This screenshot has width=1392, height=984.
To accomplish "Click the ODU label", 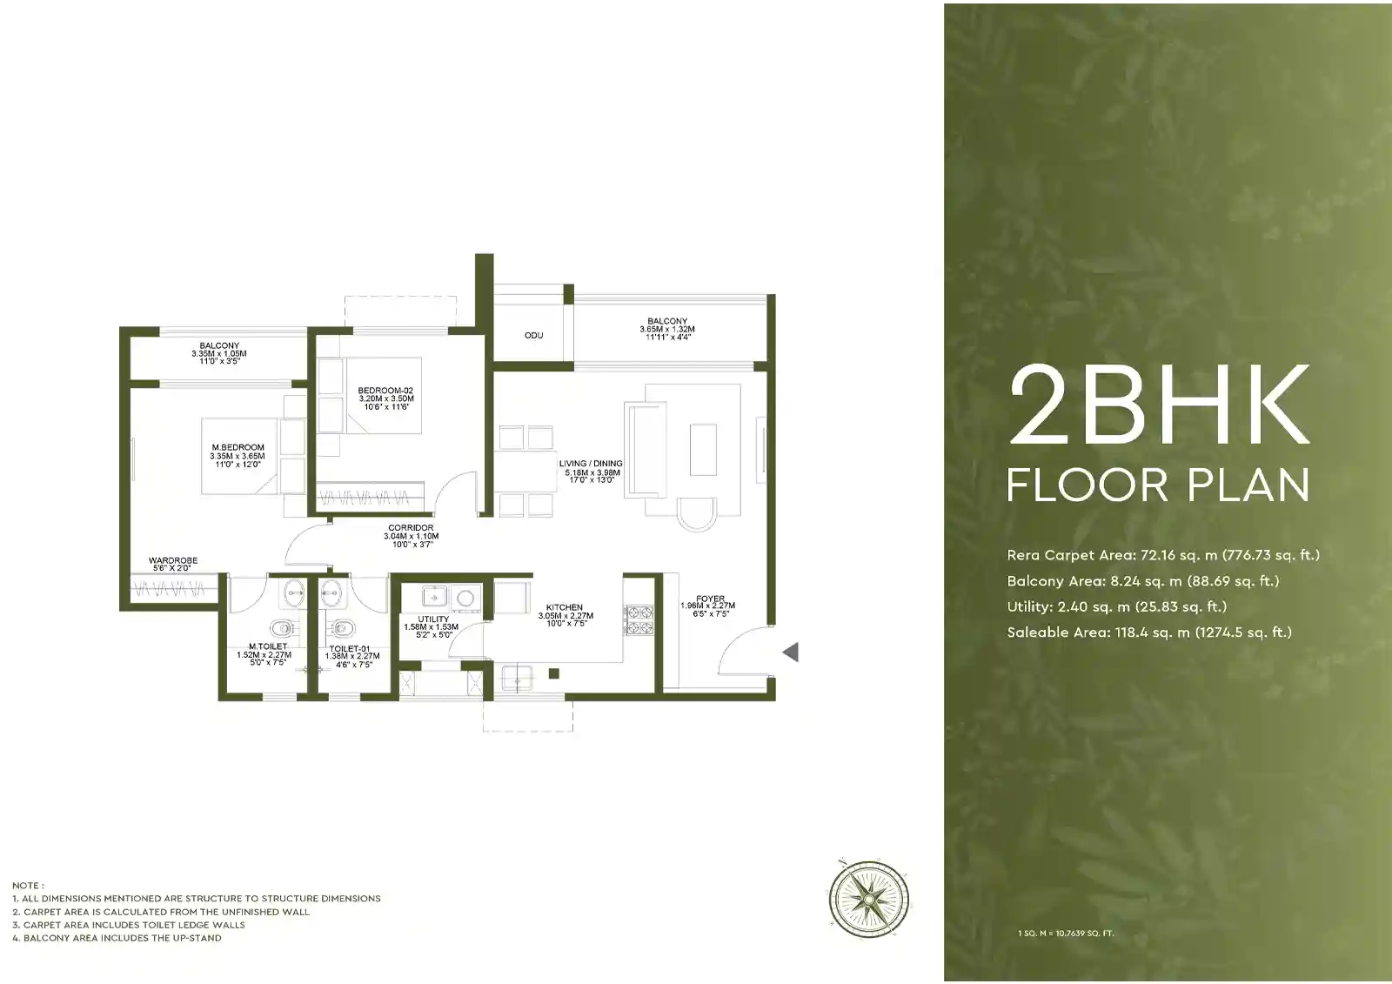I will [533, 335].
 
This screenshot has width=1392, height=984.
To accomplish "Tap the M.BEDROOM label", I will [238, 447].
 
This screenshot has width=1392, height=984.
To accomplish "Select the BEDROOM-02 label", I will [385, 391].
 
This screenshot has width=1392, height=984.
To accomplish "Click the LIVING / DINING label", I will [591, 464].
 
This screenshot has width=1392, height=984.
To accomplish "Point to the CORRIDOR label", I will [411, 528].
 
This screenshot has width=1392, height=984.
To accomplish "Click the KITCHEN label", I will [565, 607].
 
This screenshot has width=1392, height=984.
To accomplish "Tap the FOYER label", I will [710, 599].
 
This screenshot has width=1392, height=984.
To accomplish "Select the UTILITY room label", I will [432, 619].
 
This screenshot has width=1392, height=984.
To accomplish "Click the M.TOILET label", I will [267, 646].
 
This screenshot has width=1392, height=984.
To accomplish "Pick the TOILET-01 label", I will [350, 649].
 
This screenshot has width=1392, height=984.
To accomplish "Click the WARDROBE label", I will [173, 561].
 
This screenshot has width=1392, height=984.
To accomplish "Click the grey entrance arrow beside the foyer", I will [790, 652].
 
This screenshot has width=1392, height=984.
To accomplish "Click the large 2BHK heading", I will [1159, 405].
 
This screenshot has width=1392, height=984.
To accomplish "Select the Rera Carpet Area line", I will [1162, 555].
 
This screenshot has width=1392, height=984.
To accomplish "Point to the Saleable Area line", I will [1148, 633].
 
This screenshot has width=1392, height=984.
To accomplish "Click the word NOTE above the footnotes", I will [27, 885].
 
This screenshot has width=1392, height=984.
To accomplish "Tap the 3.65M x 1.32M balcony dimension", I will [667, 330].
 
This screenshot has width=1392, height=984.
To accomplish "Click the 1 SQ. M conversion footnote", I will [1065, 934].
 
